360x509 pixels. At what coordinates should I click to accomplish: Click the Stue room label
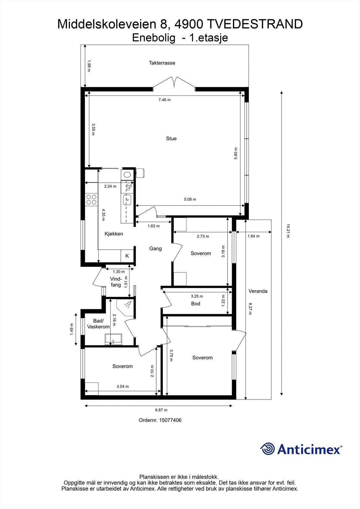tap(171, 138)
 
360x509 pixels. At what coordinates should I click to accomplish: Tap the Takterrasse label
tap(162, 63)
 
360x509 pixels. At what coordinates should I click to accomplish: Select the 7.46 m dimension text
tap(165, 100)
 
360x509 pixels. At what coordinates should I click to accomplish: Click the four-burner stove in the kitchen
tap(91, 199)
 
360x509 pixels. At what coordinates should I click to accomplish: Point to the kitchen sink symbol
tap(127, 200)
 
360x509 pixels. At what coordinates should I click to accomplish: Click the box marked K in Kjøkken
tap(127, 256)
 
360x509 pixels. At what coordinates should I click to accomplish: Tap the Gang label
tap(155, 248)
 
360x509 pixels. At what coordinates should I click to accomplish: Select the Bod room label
tap(195, 304)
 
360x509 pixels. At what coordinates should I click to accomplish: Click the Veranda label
tap(258, 291)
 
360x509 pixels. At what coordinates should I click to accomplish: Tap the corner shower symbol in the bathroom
tap(127, 305)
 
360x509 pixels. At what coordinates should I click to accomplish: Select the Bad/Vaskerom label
tap(98, 324)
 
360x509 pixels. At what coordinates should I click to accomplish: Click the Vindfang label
tap(116, 282)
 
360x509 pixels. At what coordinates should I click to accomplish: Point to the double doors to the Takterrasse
tap(174, 82)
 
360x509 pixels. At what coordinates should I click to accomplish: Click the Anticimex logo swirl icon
tap(267, 449)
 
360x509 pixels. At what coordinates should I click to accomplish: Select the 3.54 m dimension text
tap(123, 387)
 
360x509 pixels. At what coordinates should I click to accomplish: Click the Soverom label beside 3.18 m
tap(201, 254)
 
